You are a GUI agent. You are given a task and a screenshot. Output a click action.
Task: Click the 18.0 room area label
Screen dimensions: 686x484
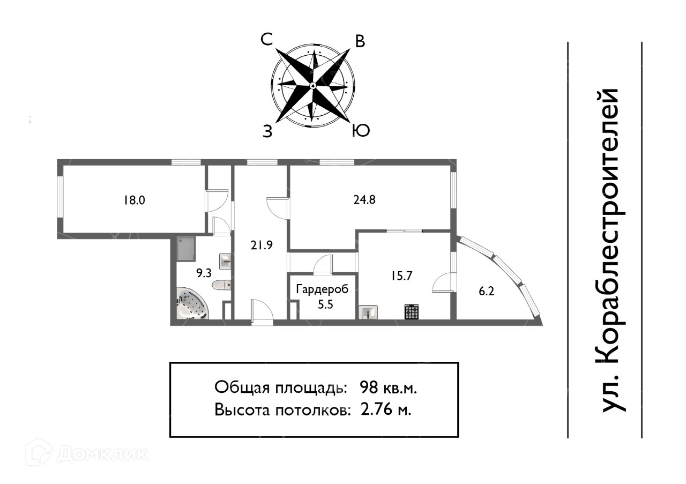click(x=135, y=201)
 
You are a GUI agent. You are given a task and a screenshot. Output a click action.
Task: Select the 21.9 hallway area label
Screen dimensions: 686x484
click(x=262, y=245)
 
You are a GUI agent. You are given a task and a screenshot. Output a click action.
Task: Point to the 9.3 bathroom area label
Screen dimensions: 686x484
click(x=203, y=273)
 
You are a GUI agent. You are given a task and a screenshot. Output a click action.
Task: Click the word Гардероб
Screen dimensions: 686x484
click(x=322, y=289)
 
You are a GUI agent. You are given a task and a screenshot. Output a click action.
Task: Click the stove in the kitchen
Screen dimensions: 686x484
click(x=411, y=311)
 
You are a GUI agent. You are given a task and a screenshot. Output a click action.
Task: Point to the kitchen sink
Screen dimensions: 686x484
click(x=368, y=312)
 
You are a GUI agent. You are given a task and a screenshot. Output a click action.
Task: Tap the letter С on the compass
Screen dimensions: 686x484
click(x=266, y=39)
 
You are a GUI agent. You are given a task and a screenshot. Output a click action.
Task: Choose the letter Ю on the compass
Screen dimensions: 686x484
click(x=360, y=131)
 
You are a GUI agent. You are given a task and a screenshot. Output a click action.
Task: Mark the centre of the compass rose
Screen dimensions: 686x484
click(x=313, y=85)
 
